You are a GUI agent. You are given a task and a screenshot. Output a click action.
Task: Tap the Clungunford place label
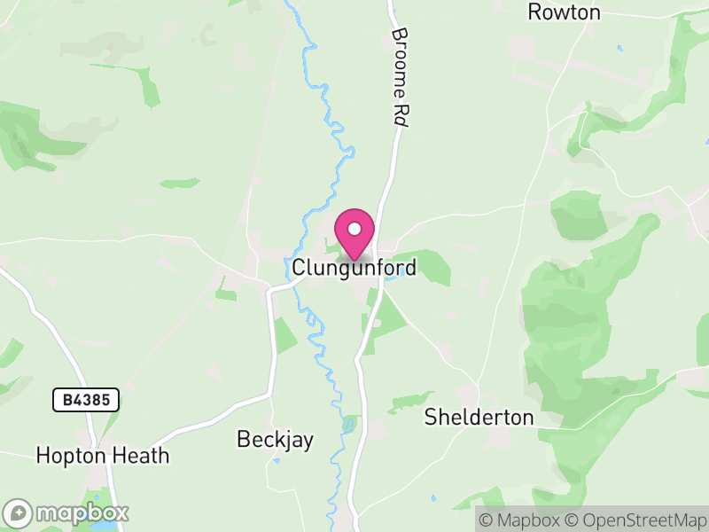354,266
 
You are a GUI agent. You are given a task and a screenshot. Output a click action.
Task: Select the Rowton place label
564,12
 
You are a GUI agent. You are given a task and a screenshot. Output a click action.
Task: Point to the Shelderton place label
479,417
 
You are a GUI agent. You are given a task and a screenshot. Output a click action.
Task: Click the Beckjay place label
275,440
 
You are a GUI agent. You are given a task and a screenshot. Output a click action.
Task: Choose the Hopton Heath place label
102,456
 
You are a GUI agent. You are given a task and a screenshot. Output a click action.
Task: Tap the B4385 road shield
86,401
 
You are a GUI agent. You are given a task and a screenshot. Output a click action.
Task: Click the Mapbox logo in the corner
66,512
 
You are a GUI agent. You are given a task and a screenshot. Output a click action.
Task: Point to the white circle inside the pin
354,229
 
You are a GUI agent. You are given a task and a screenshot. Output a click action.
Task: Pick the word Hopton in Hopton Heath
69,456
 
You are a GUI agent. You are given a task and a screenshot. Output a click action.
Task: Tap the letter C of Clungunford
300,266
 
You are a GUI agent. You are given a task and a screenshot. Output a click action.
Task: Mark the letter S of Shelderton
431,417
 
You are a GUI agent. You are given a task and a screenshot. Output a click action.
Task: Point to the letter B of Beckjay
243,440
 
